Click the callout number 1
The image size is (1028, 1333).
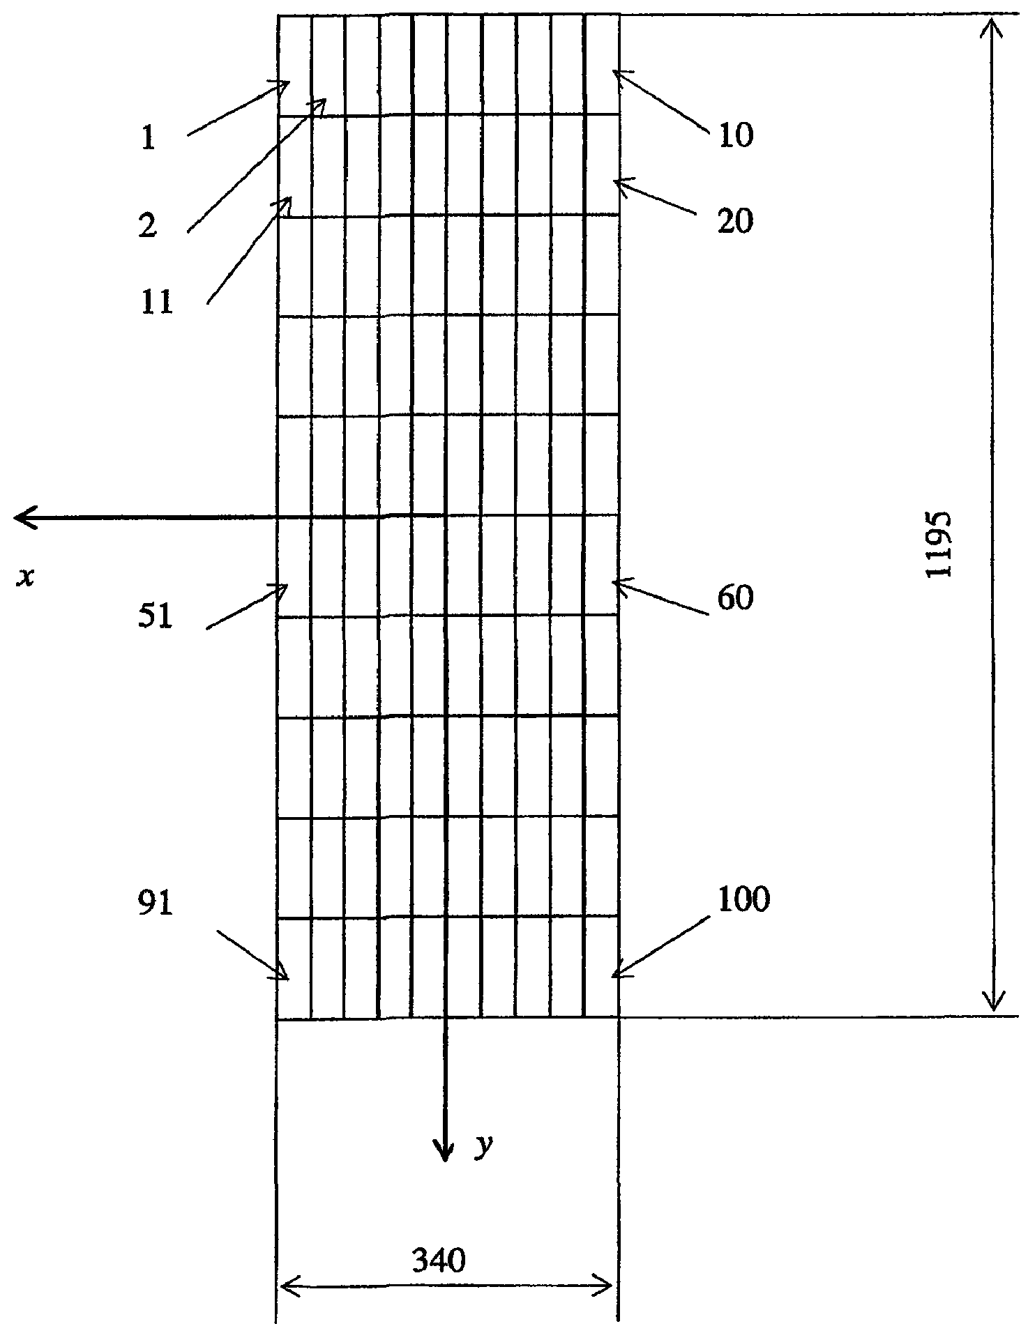click(147, 139)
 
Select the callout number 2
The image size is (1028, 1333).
click(147, 227)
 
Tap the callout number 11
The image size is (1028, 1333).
click(156, 304)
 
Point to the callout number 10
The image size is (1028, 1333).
click(735, 136)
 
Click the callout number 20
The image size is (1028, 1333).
click(735, 222)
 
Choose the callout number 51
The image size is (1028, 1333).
click(156, 617)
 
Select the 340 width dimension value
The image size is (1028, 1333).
click(439, 1260)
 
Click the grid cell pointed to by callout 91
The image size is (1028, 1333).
click(294, 969)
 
